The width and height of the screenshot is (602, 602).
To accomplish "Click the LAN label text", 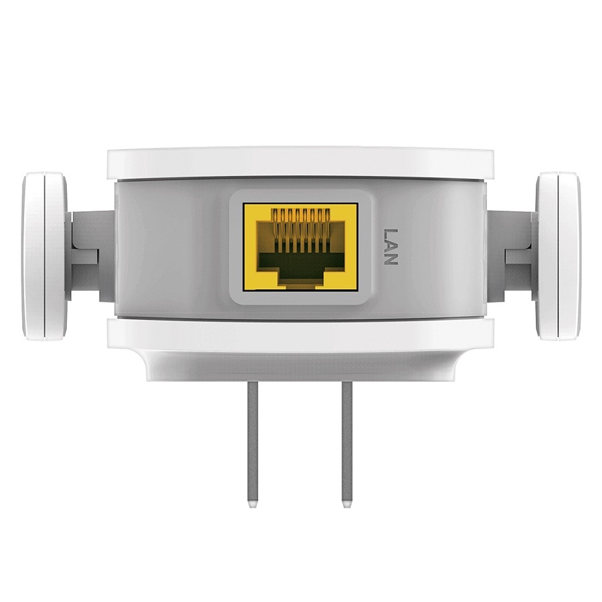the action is click(x=390, y=247).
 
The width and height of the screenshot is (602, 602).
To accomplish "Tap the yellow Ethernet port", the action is click(x=300, y=247).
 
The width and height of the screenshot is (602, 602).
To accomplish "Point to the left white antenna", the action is click(x=45, y=256).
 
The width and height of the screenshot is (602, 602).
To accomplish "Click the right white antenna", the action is click(x=558, y=256).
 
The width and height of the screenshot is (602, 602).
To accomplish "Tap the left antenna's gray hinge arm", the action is click(x=92, y=256).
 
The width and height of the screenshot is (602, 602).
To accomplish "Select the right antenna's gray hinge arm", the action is click(x=510, y=256).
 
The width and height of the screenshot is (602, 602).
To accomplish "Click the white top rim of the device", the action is click(x=300, y=163).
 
